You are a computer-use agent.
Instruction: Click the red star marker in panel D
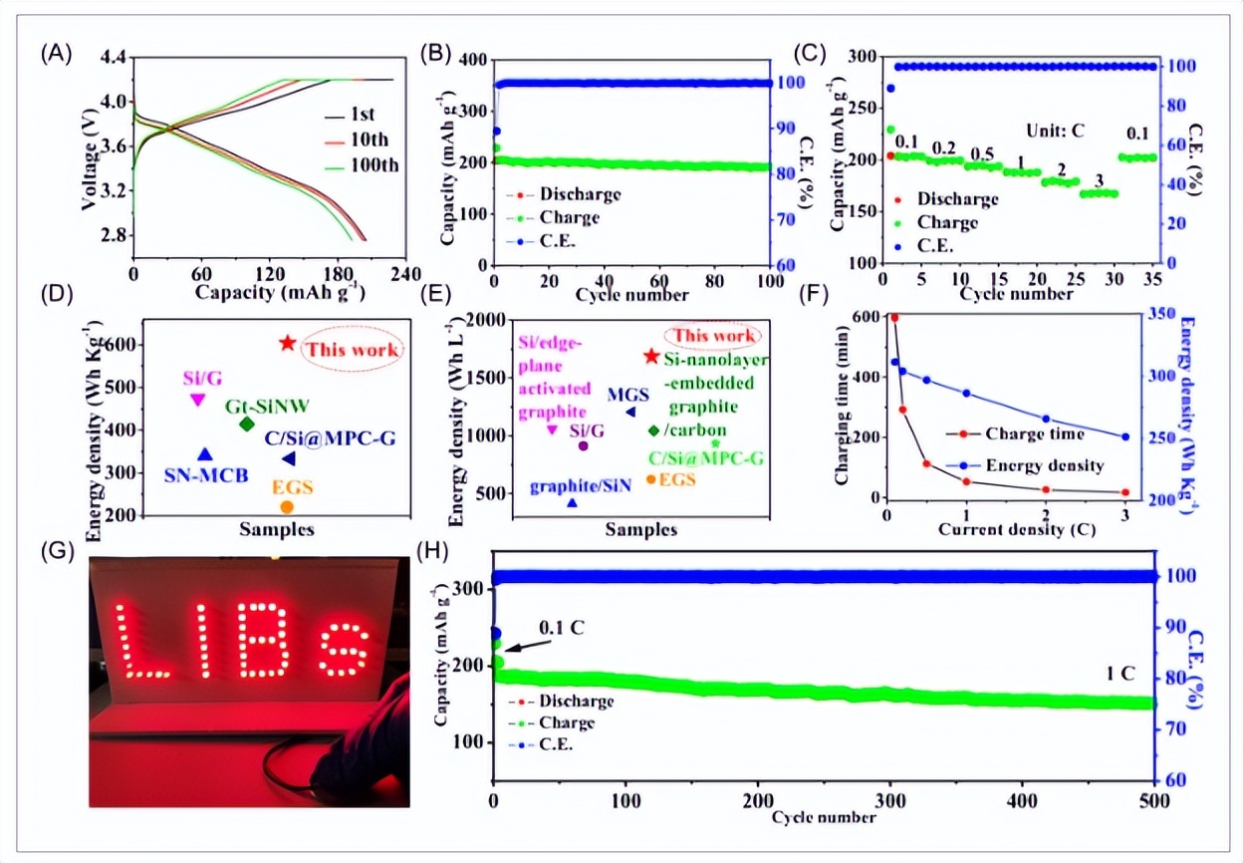287,343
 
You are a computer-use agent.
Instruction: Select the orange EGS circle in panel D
287,506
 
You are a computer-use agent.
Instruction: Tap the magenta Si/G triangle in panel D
197,400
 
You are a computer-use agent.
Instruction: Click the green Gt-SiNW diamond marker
247,424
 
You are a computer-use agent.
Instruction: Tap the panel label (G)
56,550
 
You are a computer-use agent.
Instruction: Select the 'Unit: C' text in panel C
1057,130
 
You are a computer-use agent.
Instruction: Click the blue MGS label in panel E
628,395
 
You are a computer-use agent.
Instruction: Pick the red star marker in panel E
651,356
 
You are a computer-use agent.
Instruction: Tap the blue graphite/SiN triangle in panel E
572,503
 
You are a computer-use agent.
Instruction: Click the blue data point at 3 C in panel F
1125,436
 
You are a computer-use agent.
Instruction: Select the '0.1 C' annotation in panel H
562,628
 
